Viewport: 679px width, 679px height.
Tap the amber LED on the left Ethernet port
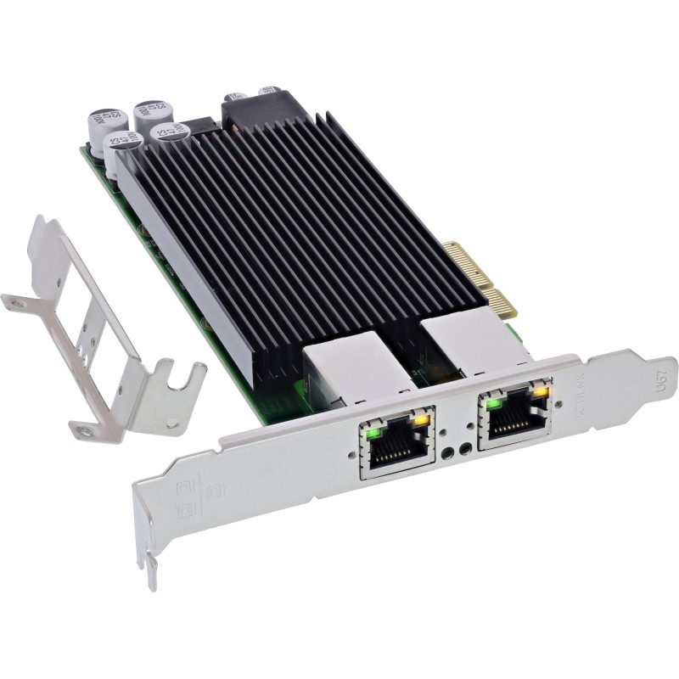pyautogui.click(x=421, y=419)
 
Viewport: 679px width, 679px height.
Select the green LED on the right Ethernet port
pyautogui.click(x=491, y=402)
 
